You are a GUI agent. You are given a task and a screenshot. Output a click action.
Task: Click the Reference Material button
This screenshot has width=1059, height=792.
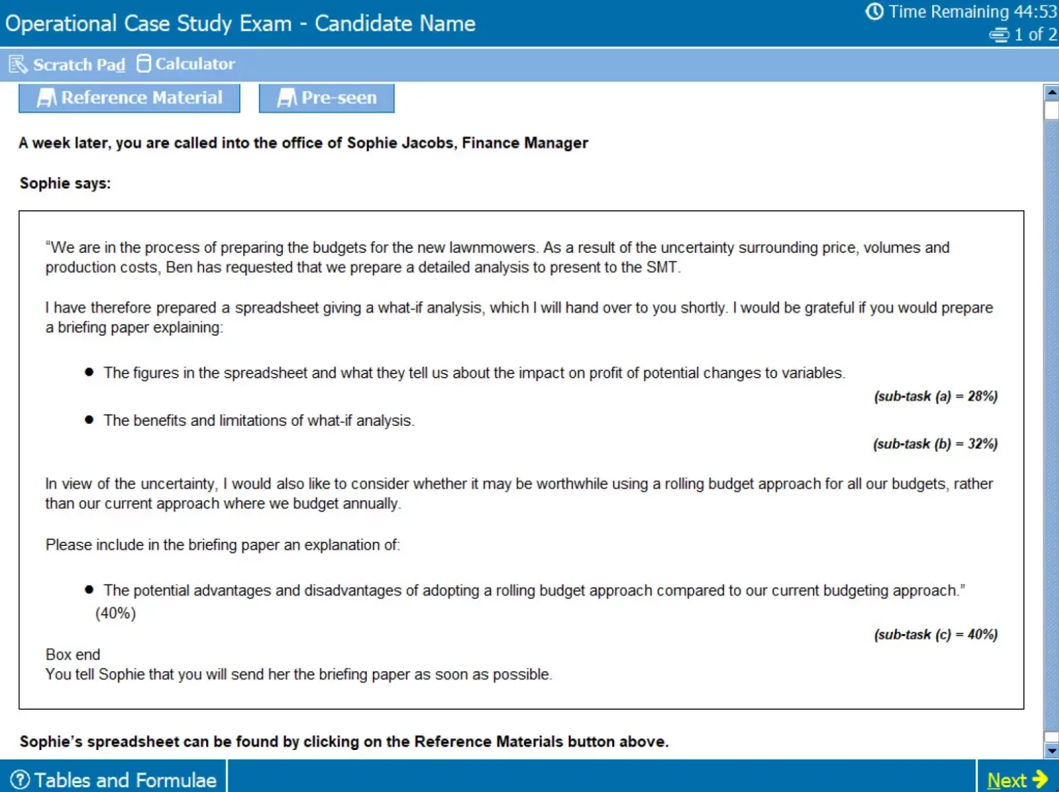tap(130, 98)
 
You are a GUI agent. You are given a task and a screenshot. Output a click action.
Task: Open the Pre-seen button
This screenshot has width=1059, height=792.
tap(327, 98)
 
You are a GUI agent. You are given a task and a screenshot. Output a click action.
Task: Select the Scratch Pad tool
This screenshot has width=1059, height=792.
tap(68, 65)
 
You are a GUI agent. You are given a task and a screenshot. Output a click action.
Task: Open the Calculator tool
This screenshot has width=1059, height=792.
tap(186, 64)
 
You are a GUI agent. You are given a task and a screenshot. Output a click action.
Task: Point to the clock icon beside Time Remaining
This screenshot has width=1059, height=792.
tap(874, 12)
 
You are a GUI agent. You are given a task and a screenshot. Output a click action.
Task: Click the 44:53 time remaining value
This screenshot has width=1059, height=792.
tap(1034, 12)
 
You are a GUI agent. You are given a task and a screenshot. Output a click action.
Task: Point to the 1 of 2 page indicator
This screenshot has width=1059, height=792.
tap(1034, 34)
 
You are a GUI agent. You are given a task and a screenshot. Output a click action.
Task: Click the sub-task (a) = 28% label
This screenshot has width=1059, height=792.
tap(935, 396)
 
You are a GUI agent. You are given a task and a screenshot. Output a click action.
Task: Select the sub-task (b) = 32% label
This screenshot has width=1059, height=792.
tap(935, 444)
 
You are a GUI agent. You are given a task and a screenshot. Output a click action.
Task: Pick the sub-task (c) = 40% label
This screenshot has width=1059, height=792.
tap(935, 635)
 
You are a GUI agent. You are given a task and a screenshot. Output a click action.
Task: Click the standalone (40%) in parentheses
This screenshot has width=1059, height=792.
tap(116, 613)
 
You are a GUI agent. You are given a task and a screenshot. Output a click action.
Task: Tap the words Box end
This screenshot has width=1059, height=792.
tap(72, 654)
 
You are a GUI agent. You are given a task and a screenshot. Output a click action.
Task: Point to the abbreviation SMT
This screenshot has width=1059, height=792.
tap(661, 267)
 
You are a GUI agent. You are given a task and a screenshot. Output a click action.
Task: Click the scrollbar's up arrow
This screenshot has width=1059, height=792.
tap(1051, 91)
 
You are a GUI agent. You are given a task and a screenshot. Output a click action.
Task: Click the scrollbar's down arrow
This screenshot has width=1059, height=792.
tap(1051, 751)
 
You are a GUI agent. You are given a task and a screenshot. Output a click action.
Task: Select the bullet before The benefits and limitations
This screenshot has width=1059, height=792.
tap(89, 420)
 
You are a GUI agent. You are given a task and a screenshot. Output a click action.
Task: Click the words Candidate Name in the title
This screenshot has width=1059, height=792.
tap(394, 23)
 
